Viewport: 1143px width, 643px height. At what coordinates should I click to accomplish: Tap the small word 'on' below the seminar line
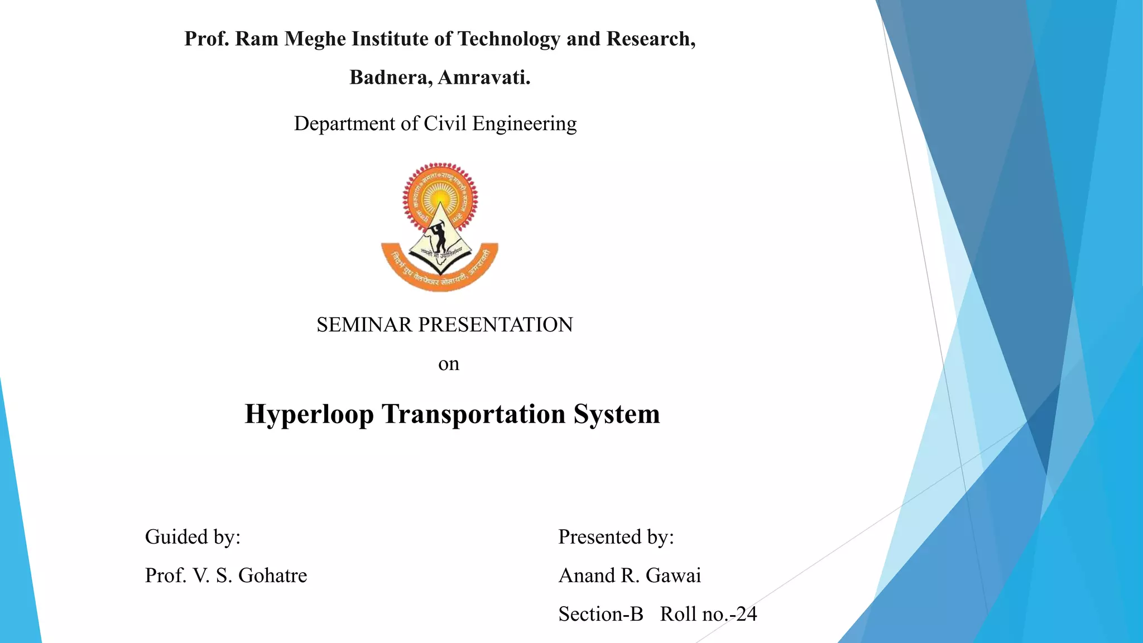(x=449, y=364)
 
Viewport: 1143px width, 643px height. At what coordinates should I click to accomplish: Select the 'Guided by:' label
(x=193, y=537)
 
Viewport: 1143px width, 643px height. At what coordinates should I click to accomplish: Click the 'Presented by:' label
(x=616, y=537)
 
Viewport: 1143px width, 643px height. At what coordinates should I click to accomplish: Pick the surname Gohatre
(x=273, y=575)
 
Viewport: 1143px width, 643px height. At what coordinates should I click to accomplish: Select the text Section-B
(x=601, y=614)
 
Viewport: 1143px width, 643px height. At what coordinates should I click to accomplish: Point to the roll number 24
(x=747, y=614)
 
